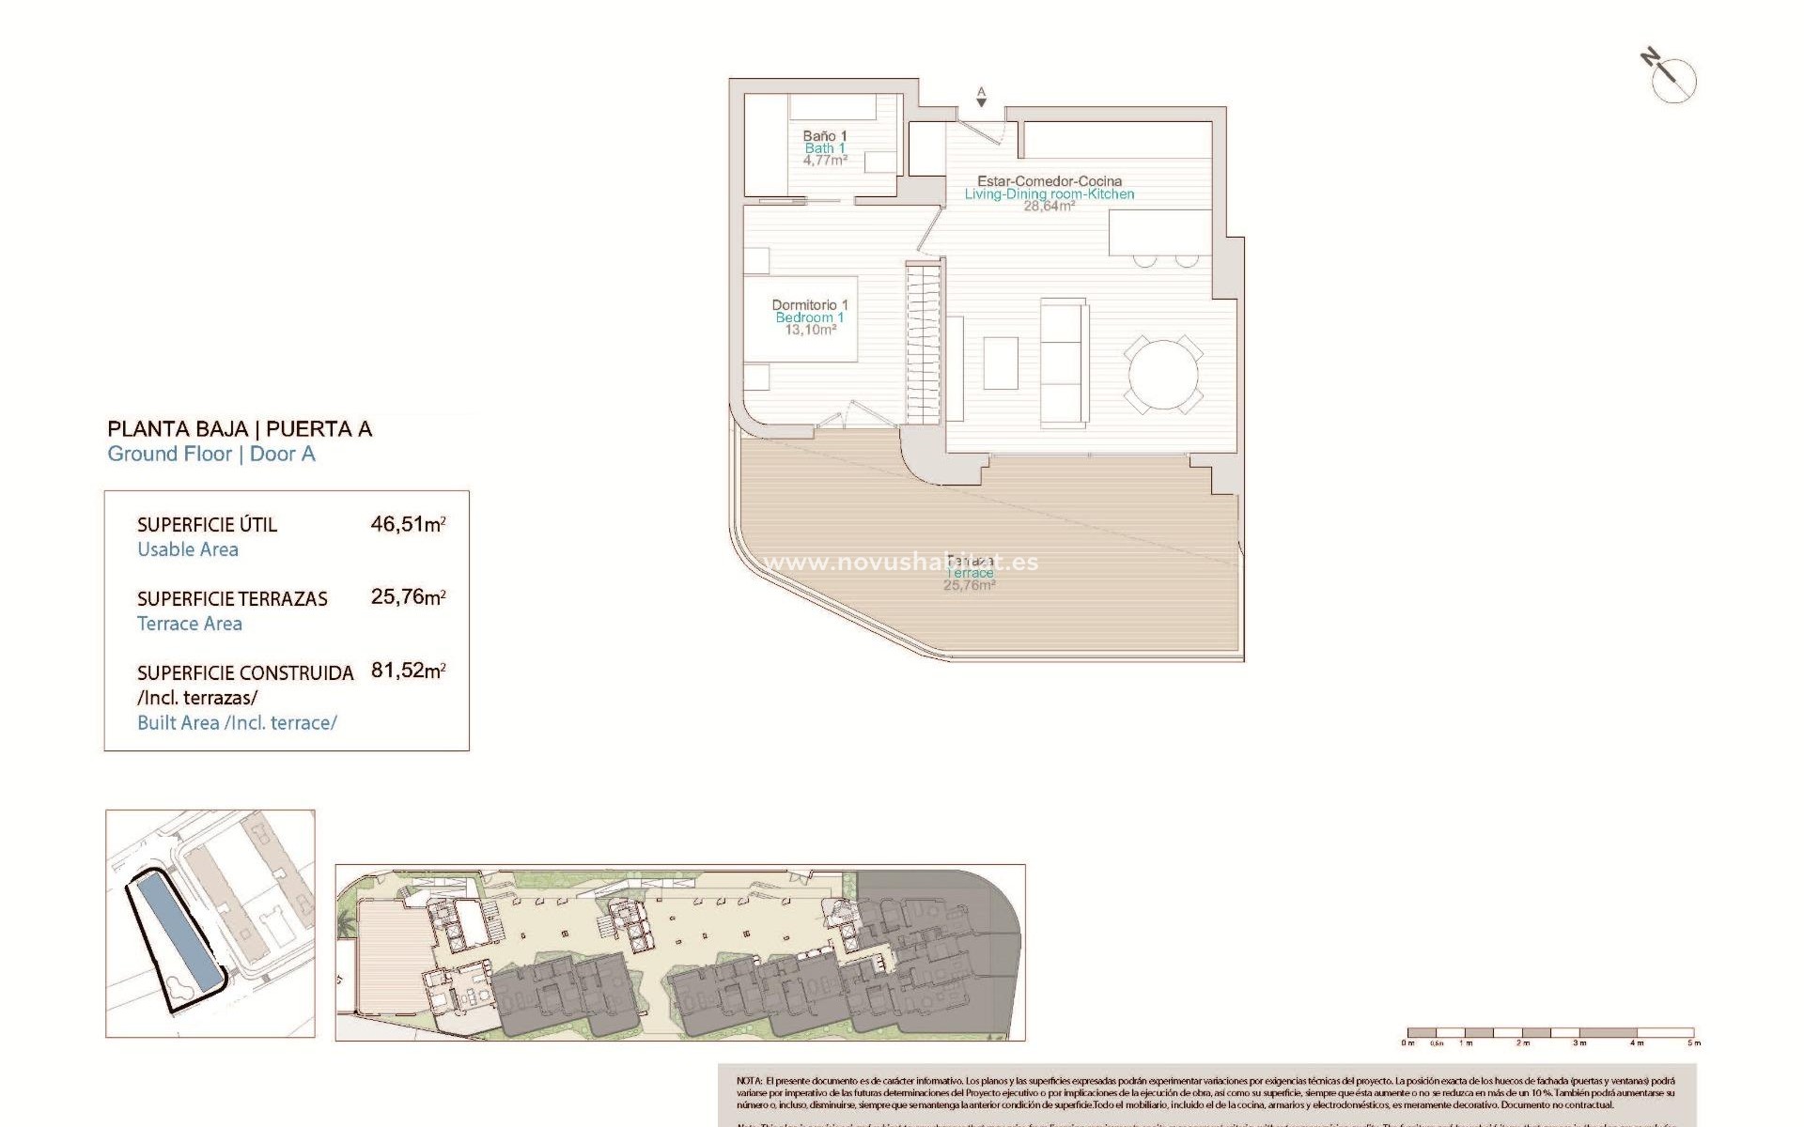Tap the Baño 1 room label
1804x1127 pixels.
(824, 136)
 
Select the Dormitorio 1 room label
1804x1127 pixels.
(809, 305)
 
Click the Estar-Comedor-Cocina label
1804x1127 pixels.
(1049, 181)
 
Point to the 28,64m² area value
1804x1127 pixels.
(1049, 207)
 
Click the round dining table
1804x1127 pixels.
(1163, 374)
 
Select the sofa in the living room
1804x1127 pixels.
(1064, 362)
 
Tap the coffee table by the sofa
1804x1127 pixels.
(1001, 363)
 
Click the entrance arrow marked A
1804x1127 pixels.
(981, 97)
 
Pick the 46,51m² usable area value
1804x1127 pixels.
(407, 524)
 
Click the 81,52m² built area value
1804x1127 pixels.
(407, 671)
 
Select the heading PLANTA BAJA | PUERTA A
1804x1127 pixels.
(240, 429)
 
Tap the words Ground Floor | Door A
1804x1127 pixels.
(211, 455)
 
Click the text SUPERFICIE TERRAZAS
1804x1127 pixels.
(232, 599)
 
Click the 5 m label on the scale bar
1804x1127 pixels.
(1693, 1043)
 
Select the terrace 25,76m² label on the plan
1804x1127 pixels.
(969, 585)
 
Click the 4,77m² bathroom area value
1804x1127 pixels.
(824, 161)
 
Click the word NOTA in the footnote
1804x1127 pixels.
(749, 1082)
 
